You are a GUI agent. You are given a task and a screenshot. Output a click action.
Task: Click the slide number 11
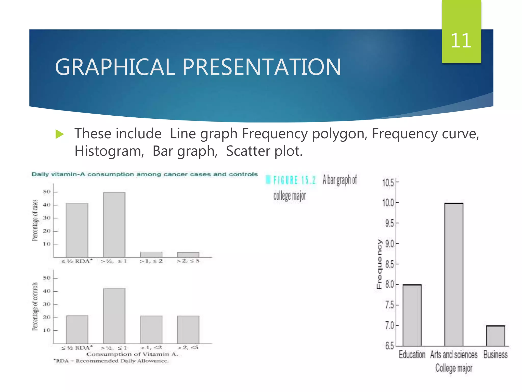coord(461,41)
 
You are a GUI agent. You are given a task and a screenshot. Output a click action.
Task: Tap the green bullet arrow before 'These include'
coord(59,134)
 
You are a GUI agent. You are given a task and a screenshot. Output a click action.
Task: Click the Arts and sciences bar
coord(454,274)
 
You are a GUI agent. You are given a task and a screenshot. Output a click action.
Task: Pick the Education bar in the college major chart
coord(412,315)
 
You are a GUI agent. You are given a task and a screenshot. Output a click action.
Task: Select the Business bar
coord(495,336)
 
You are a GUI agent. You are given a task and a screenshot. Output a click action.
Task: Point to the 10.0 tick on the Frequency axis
coord(388,203)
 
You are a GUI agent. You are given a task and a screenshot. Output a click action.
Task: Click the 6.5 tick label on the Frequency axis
coord(389,346)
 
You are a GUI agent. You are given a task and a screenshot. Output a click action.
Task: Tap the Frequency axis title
coord(380,264)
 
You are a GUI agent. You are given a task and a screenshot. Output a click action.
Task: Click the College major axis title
coord(454,368)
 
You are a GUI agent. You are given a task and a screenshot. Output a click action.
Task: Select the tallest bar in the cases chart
coord(114,225)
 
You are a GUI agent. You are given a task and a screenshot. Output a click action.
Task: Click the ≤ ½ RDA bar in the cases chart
coord(77,230)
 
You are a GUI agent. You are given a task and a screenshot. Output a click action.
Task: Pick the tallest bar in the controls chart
coord(114,316)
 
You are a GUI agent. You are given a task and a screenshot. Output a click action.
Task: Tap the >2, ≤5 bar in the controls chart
coord(188,329)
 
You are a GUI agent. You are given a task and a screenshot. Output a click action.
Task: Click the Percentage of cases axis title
coord(35,220)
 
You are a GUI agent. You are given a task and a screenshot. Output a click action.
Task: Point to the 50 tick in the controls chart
coord(47,278)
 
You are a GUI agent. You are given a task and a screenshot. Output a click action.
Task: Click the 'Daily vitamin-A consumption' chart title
coord(145,174)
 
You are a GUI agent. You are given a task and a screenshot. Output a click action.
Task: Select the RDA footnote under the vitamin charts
coord(111,361)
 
